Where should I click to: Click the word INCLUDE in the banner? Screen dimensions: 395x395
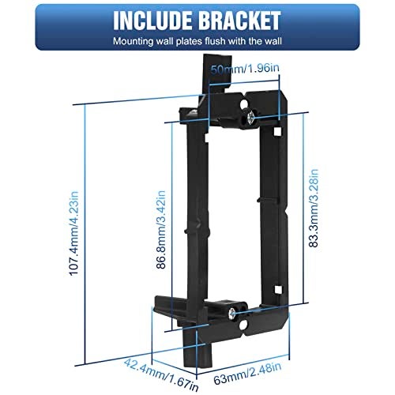[x=152, y=21]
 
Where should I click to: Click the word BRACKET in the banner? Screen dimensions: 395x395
[x=239, y=21]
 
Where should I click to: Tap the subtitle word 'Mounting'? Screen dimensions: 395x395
[x=133, y=41]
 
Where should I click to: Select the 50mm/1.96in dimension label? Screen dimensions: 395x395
[x=245, y=69]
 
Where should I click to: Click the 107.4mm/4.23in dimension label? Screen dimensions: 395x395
[x=74, y=233]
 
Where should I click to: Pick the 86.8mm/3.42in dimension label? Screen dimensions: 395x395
[x=161, y=230]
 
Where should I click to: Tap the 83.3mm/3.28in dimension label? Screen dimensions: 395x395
[x=314, y=208]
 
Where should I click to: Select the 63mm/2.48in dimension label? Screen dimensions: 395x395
[x=247, y=374]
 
